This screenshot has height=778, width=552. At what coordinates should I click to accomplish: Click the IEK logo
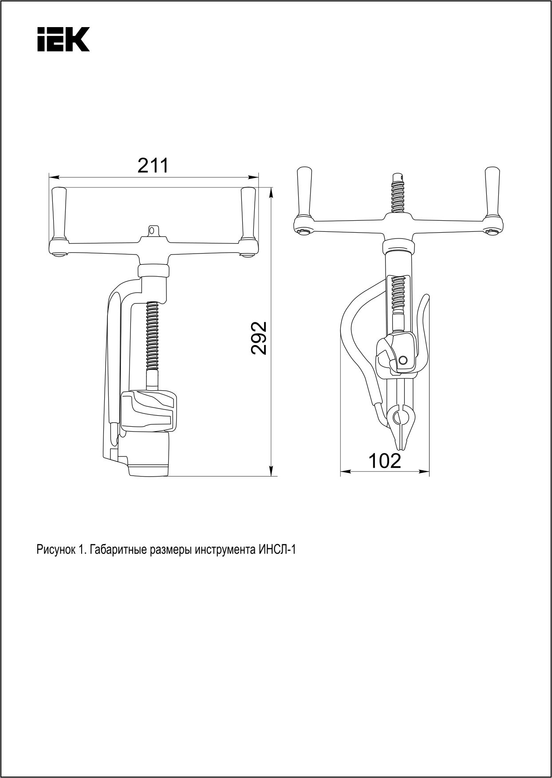[x=63, y=39]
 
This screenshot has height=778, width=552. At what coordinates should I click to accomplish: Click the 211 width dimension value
[x=154, y=166]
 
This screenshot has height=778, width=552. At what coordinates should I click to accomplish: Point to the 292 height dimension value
[x=259, y=337]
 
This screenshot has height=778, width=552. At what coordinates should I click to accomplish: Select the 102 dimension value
[x=385, y=461]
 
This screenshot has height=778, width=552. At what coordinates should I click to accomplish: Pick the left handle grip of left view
[x=59, y=213]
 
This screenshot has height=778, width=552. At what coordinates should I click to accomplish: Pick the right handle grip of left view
[x=247, y=213]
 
